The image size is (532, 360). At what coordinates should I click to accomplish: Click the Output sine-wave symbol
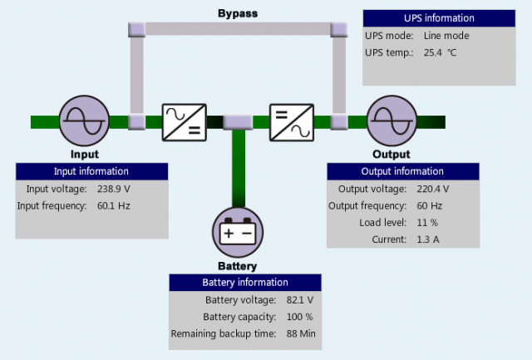click(x=391, y=121)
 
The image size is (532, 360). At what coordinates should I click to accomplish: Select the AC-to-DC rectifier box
click(x=185, y=121)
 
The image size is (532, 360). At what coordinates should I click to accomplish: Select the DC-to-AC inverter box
click(x=292, y=121)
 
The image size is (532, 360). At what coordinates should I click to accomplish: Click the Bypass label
click(x=237, y=14)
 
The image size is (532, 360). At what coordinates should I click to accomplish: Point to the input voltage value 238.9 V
click(x=115, y=189)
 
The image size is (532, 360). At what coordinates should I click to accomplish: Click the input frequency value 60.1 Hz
click(x=114, y=205)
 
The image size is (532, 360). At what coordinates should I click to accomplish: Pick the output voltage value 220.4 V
click(x=433, y=189)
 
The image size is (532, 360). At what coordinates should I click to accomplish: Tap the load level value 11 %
click(x=427, y=222)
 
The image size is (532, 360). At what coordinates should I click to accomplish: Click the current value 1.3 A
click(x=428, y=239)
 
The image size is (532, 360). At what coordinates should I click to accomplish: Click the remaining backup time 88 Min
click(x=300, y=333)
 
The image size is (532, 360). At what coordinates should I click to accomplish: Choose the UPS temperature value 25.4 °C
click(x=440, y=52)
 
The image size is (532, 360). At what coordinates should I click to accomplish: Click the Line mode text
click(x=446, y=36)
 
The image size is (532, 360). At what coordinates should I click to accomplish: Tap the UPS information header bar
click(x=439, y=18)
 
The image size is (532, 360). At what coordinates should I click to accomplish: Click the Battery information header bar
click(x=245, y=283)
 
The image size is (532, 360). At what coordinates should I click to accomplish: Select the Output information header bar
click(x=401, y=171)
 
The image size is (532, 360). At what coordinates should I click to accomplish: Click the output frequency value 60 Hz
click(x=429, y=205)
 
